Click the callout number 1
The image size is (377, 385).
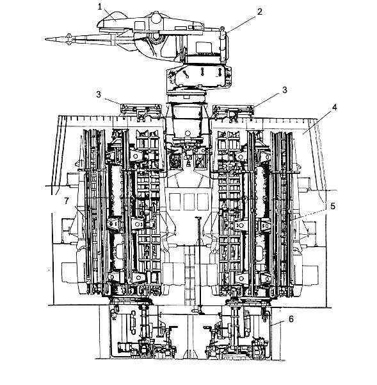pyautogui.click(x=100, y=7)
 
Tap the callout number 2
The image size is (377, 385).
pyautogui.click(x=260, y=12)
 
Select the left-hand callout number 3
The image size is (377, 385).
pyautogui.click(x=99, y=94)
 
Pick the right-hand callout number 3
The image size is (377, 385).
pyautogui.click(x=284, y=90)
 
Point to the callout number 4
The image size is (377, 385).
pyautogui.click(x=334, y=107)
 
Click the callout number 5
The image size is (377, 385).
pyautogui.click(x=332, y=206)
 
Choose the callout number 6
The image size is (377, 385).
pyautogui.click(x=291, y=319)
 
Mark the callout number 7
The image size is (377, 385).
pyautogui.click(x=67, y=201)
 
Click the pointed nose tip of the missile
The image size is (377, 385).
pyautogui.click(x=46, y=38)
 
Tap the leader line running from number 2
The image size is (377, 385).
pyautogui.click(x=241, y=24)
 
